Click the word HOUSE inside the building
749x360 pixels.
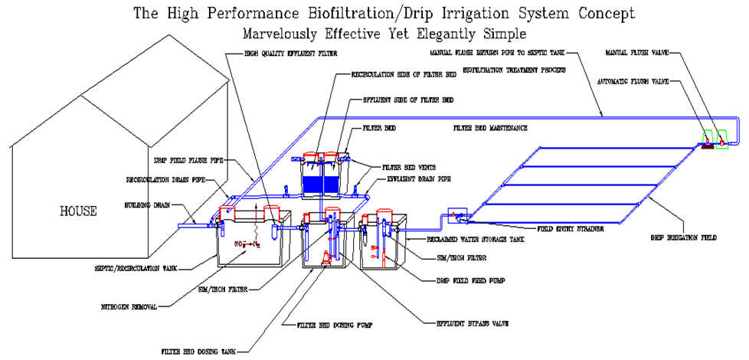78,211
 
